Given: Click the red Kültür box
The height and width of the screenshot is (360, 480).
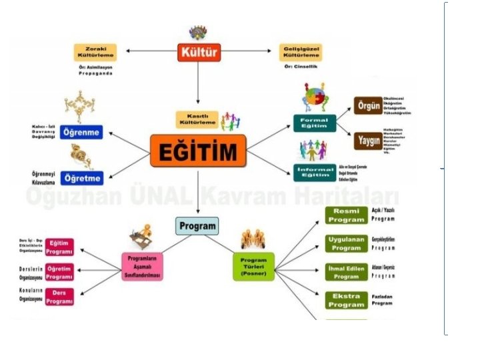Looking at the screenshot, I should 199,51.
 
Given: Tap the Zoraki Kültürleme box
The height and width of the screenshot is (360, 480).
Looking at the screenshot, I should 95,51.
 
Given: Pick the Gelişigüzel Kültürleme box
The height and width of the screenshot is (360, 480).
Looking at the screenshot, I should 303,52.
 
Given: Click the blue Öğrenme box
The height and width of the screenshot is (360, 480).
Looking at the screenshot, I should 81,132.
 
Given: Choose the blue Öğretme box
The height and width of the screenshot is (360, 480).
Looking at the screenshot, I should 81,178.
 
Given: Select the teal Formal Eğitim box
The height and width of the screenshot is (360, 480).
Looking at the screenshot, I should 314,123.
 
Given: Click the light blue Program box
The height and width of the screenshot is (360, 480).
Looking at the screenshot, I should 197,226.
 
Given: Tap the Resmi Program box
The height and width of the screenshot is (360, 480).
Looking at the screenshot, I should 346,215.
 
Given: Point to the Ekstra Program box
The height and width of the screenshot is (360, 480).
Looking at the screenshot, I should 346,301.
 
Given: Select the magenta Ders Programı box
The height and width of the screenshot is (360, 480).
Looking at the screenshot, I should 59,297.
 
